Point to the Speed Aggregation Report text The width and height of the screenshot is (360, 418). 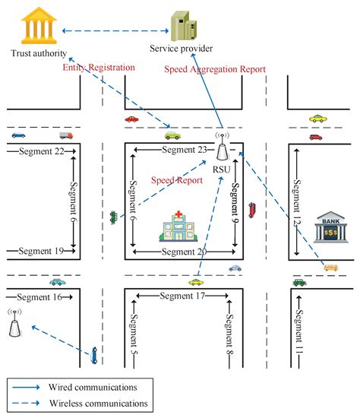tap(216, 69)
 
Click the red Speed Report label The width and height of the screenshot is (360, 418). tap(177, 181)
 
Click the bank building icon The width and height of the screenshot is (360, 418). tap(329, 226)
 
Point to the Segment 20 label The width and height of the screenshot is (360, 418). tap(181, 251)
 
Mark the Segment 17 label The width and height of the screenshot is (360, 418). tap(179, 296)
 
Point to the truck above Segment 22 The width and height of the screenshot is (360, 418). tap(65, 136)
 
